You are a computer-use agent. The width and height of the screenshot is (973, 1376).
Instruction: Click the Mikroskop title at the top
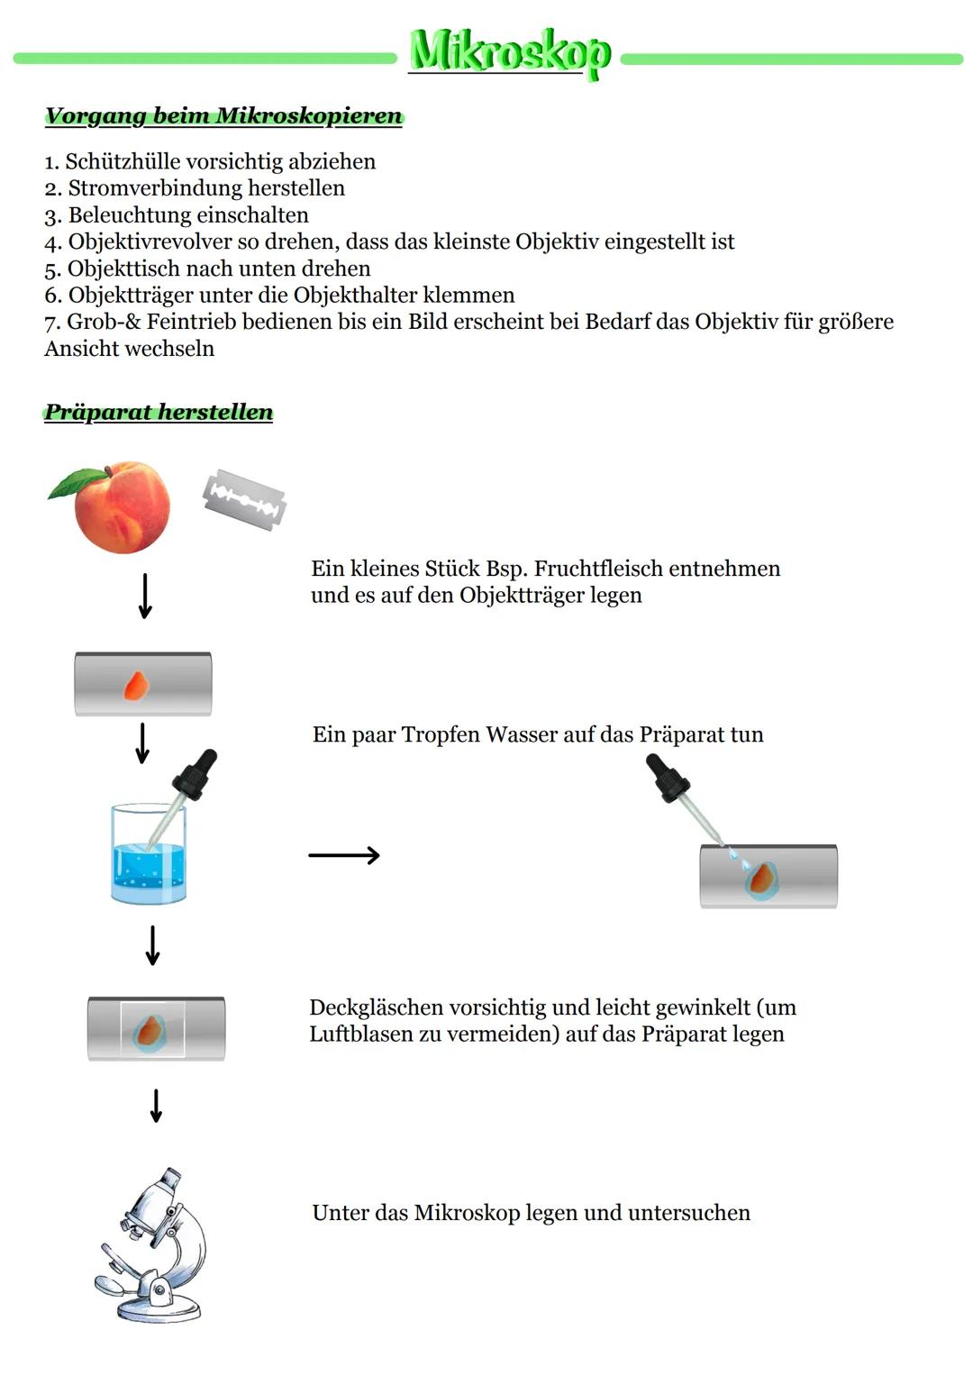pos(510,54)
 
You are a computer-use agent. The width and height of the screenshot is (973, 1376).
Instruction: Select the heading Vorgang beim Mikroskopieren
pos(224,115)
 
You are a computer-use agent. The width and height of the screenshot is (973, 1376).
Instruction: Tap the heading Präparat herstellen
pos(159,412)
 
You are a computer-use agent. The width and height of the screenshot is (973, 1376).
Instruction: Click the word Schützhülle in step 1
pos(123,161)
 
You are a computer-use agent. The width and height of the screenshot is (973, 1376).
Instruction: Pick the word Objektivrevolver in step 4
pos(150,242)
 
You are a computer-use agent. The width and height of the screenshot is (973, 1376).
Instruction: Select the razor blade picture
pos(244,499)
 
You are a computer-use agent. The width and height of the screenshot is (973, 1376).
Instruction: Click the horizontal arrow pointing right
pos(344,855)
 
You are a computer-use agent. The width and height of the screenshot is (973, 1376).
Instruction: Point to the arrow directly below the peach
pos(145,596)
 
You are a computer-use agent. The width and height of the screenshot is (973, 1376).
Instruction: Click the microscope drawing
pos(151,1245)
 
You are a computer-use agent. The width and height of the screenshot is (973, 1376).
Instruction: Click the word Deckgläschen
pos(376,1007)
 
